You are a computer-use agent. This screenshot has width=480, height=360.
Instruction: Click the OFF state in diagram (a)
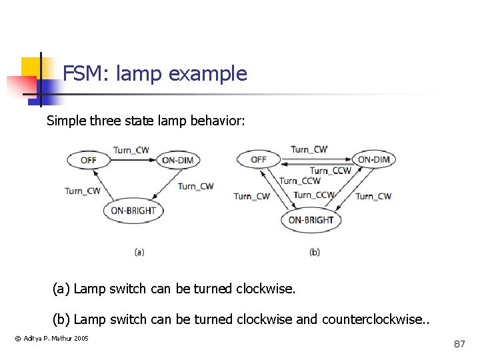89,160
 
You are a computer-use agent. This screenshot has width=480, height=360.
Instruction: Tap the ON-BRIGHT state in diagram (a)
133,211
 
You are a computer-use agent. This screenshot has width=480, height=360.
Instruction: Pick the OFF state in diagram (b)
259,160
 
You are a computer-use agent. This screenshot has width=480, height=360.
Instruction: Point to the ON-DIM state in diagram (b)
374,159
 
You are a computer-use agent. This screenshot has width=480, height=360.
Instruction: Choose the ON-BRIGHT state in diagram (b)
311,220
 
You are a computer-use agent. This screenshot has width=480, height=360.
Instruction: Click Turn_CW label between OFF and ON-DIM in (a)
131,150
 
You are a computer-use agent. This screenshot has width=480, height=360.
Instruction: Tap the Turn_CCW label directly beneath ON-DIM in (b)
331,171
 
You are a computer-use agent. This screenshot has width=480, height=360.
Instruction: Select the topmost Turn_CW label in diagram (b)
309,149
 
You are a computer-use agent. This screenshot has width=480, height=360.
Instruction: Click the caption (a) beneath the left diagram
139,252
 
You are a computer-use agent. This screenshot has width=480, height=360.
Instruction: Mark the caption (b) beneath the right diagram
315,252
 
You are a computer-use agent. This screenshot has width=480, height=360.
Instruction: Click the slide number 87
459,344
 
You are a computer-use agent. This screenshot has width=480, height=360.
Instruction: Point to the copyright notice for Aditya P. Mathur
52,339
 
